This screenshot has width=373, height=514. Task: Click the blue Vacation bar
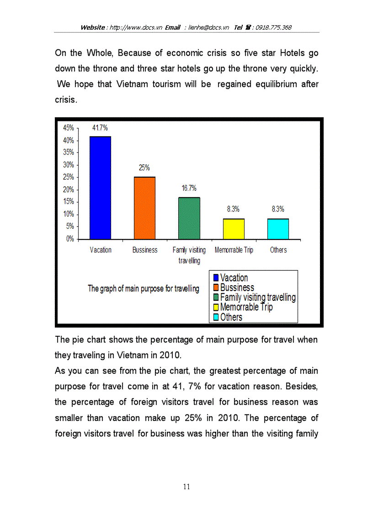[100, 188]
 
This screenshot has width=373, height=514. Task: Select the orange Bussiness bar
[144, 208]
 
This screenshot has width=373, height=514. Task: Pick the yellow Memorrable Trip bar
[234, 229]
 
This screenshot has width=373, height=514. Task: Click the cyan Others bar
[278, 229]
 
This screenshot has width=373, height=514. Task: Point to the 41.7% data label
[100, 128]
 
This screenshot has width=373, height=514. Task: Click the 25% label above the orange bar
[144, 168]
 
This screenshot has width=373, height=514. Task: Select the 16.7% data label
[189, 188]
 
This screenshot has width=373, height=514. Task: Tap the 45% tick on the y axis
[68, 128]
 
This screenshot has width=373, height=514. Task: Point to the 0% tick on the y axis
[70, 239]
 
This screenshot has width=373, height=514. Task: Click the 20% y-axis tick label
[68, 189]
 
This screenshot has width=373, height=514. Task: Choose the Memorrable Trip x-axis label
[234, 250]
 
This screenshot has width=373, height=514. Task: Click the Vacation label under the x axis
[100, 250]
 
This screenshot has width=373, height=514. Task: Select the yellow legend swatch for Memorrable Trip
[216, 308]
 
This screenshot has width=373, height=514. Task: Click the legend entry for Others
[231, 317]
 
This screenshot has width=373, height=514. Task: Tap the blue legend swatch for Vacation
[216, 278]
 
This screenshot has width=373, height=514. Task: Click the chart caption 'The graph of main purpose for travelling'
[143, 289]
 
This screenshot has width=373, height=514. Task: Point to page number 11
[186, 487]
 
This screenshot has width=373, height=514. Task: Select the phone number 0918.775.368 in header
[274, 27]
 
